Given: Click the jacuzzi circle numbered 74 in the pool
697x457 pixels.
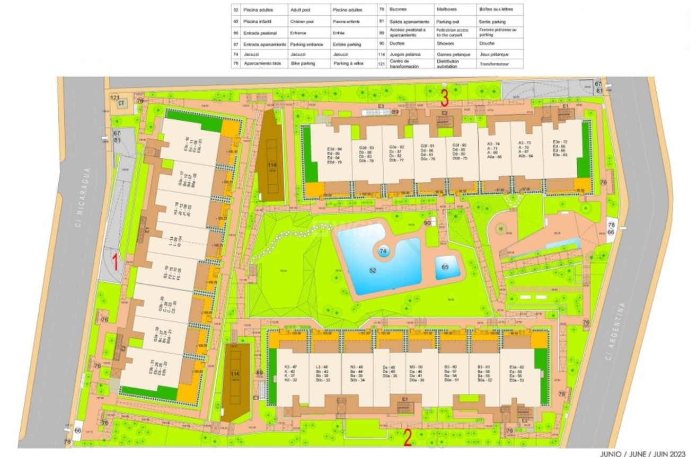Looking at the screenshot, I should tap(383, 250).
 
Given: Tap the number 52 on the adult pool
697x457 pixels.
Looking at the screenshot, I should tap(373, 270).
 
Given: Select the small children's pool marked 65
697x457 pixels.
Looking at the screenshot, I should tap(444, 267).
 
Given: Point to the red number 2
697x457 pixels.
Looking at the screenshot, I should tap(407, 437).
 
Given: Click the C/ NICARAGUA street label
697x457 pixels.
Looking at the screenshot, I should tap(81, 198).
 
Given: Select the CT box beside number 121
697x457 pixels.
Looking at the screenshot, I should tap(121, 103).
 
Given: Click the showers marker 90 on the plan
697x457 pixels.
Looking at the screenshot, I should tap(427, 223).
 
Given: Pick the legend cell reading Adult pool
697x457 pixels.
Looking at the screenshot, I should tap(301, 10).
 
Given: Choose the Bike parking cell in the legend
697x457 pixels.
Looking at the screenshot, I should tap(303, 63).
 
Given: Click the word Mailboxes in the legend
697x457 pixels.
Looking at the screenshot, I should tap(446, 10).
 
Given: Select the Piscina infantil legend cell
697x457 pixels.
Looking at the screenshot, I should tap(257, 22).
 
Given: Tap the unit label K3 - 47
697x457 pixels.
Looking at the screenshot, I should tap(290, 366).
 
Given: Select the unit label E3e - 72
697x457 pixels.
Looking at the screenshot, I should tap(560, 142).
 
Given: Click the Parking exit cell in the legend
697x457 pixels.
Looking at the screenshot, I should tap(448, 22).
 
